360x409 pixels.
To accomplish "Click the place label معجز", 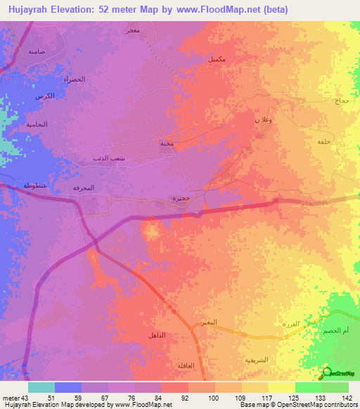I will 131,32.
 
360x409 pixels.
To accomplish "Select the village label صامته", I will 36,52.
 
